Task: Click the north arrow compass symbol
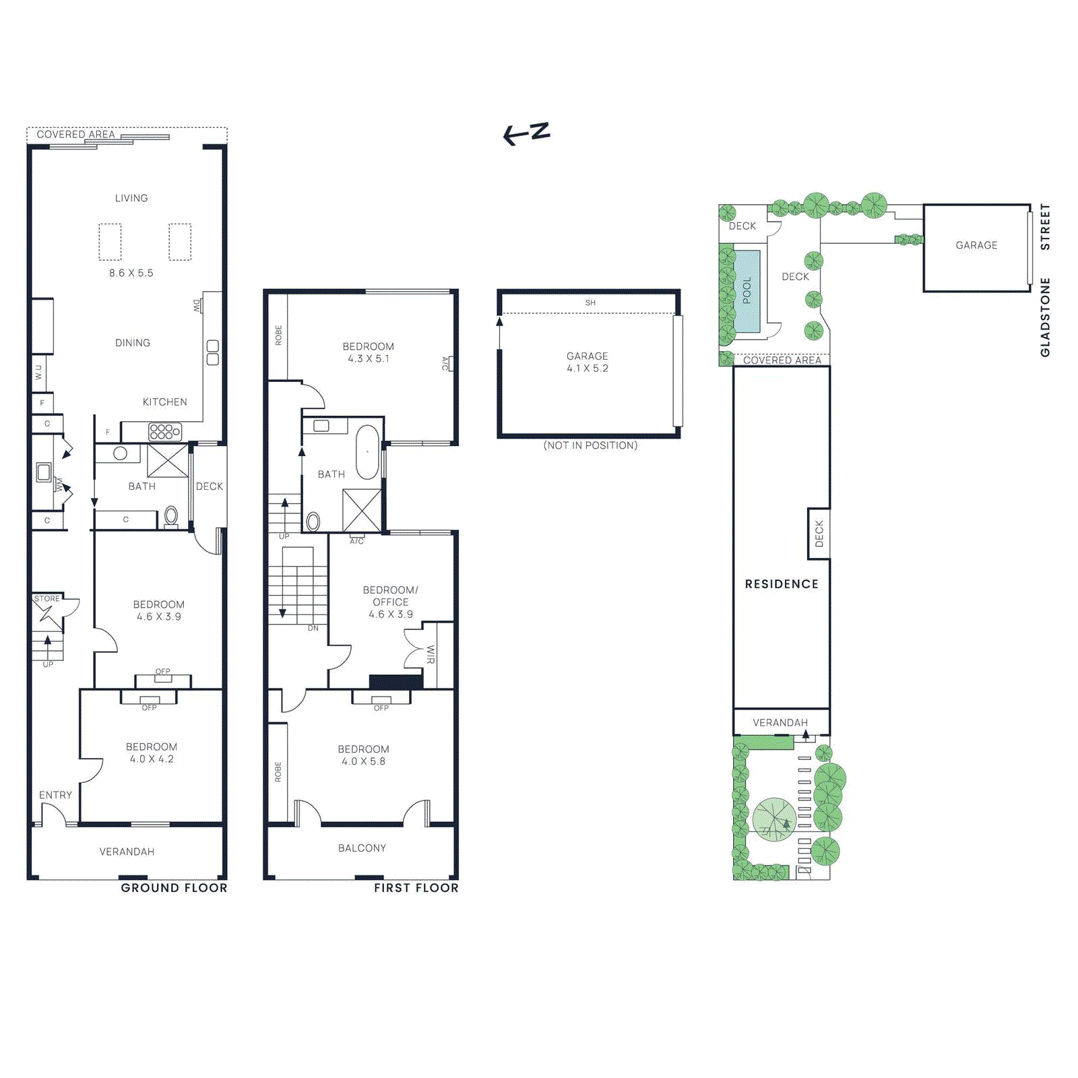[x=527, y=133]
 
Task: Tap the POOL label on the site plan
[x=747, y=290]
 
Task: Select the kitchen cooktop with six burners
[x=164, y=431]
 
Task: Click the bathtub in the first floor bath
[x=367, y=451]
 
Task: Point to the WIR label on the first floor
[x=431, y=654]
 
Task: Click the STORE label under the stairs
[x=47, y=598]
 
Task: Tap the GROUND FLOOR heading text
[x=174, y=888]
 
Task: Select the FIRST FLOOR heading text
[x=416, y=888]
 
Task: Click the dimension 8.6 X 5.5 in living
[x=131, y=273]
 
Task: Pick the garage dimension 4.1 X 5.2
[x=587, y=368]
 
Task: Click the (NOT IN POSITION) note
[x=590, y=445]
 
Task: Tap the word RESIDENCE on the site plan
[x=782, y=584]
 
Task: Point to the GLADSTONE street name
[x=1045, y=317]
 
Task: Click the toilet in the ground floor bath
[x=170, y=517]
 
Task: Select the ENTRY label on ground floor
[x=55, y=795]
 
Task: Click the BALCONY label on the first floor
[x=362, y=848]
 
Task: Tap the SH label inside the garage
[x=590, y=303]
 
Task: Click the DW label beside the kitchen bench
[x=197, y=305]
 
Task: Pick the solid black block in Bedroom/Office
[x=395, y=681]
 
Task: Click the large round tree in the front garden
[x=774, y=819]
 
